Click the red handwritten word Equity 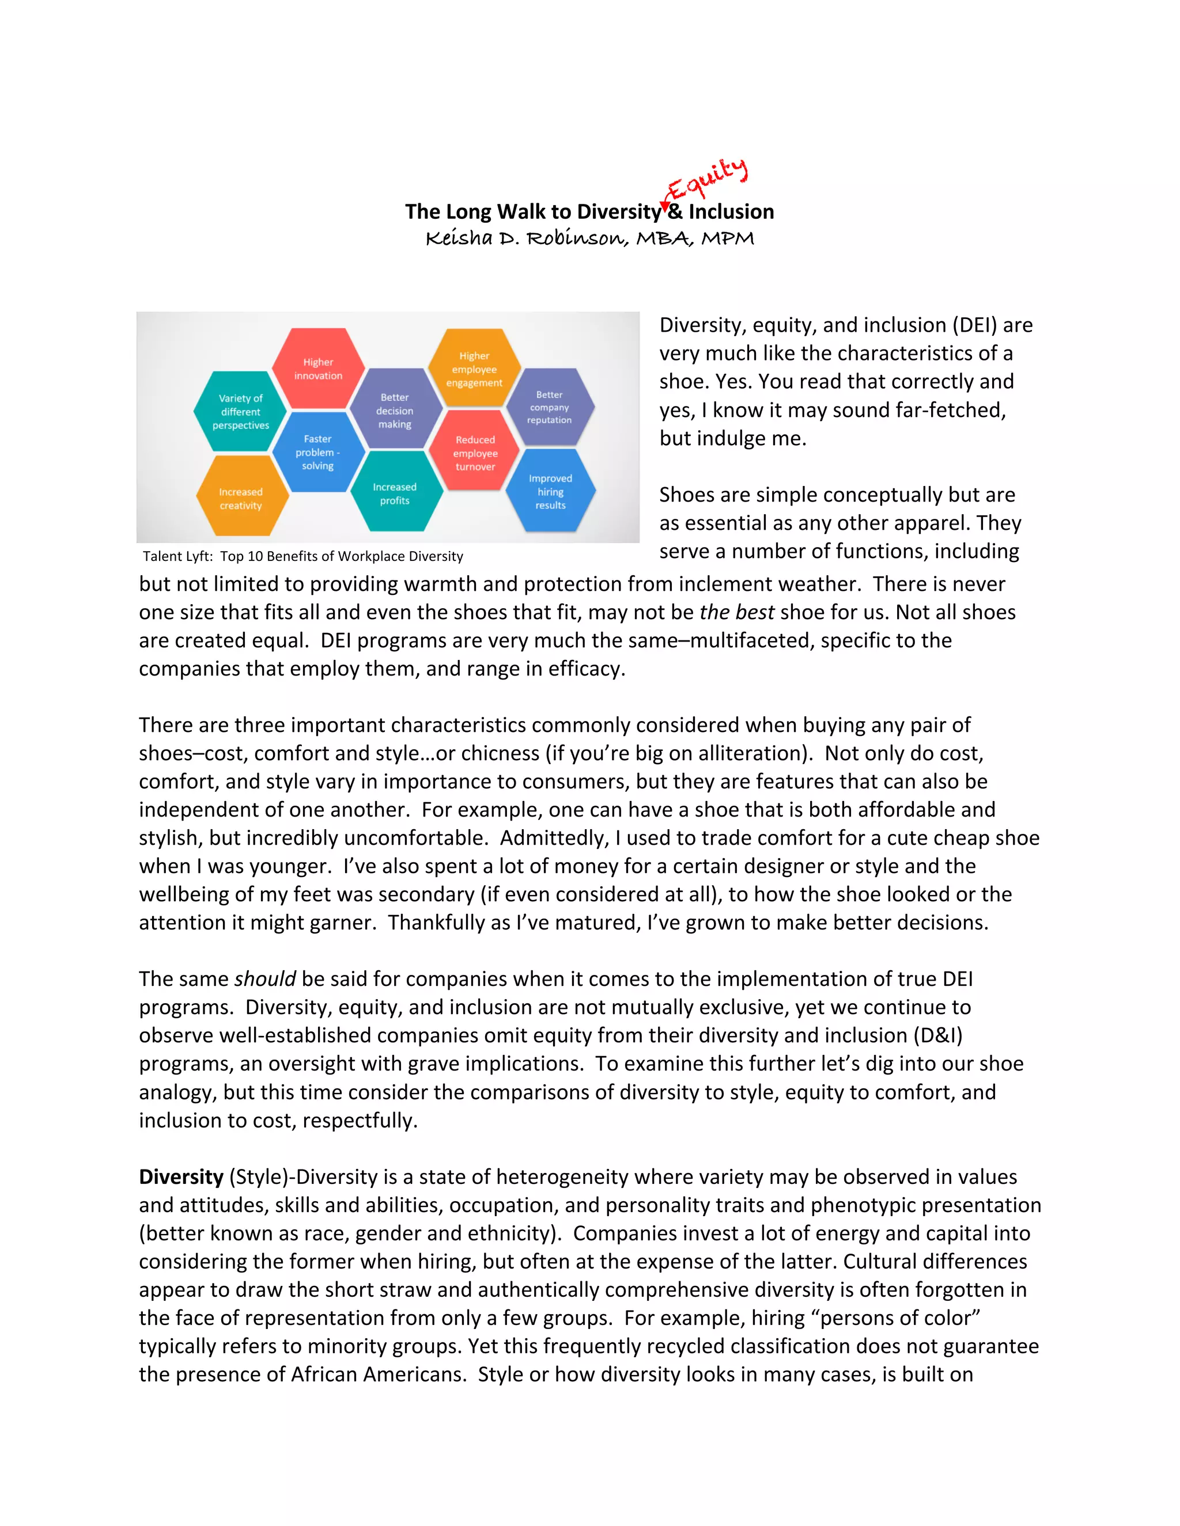click(708, 180)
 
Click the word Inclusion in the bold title click(731, 212)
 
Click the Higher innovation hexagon click(318, 368)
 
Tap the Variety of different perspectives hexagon click(240, 412)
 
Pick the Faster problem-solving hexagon click(318, 452)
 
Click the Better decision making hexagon click(395, 410)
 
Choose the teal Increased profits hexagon click(395, 494)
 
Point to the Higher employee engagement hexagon click(475, 369)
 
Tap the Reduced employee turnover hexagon click(475, 453)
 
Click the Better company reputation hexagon click(550, 407)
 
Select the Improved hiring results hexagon click(551, 491)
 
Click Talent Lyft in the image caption click(177, 556)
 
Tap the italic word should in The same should click(265, 979)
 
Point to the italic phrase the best click(736, 612)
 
